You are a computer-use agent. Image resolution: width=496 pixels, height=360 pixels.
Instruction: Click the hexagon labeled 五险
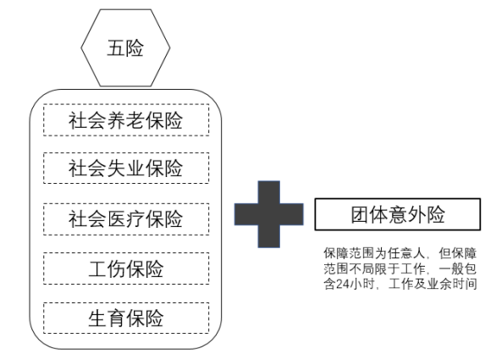125,47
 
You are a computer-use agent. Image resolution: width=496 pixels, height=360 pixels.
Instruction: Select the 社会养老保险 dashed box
126,120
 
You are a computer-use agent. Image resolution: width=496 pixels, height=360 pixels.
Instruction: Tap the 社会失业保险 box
126,168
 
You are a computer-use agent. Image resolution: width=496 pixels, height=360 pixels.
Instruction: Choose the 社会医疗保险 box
126,219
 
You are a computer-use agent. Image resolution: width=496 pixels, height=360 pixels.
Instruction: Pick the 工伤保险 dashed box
126,269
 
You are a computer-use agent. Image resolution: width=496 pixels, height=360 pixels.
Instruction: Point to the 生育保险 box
126,318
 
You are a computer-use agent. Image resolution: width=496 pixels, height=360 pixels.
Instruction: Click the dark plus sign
269,214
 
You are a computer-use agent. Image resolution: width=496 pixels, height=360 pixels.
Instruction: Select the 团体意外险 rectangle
398,214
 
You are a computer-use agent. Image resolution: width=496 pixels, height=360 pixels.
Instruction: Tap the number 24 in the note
343,284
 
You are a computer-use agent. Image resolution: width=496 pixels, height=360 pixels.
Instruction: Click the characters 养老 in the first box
126,120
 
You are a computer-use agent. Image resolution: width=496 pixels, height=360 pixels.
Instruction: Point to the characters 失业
126,168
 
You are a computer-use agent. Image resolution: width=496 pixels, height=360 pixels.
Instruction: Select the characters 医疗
126,219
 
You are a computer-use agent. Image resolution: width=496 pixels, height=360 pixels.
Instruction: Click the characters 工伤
107,269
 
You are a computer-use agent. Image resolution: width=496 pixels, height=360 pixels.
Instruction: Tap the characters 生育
107,318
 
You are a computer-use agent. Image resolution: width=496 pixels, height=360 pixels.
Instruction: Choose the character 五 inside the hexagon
116,48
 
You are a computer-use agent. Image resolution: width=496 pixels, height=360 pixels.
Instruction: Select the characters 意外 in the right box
407,214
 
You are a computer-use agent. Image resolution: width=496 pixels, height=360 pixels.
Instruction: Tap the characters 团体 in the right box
370,214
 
